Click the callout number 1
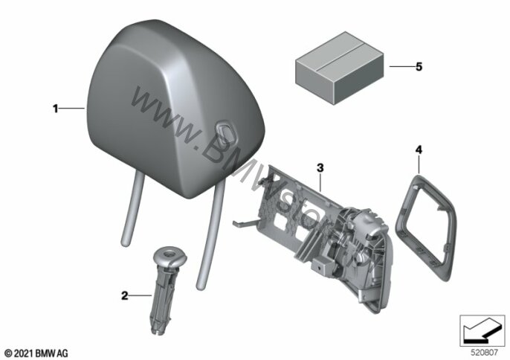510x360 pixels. click(55, 109)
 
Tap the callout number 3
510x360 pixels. click(320, 167)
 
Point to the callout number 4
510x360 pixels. click(419, 150)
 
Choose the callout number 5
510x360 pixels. click(419, 68)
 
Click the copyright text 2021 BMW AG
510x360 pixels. click(36, 350)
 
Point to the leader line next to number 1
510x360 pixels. click(73, 109)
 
